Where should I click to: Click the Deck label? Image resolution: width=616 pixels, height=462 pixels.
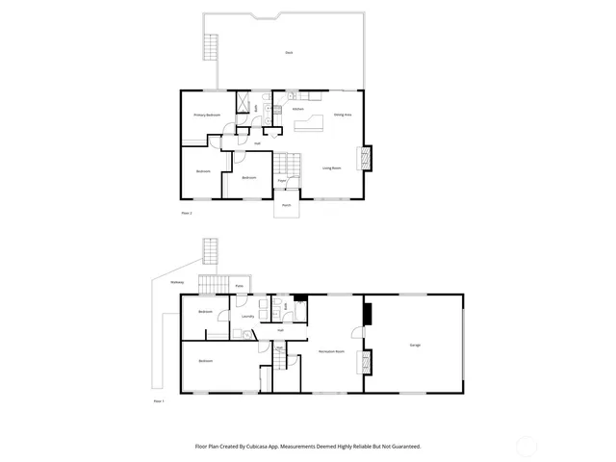tap(289, 52)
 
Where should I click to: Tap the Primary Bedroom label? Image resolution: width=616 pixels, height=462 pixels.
tap(207, 115)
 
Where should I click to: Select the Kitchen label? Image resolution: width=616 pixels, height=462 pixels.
tap(298, 109)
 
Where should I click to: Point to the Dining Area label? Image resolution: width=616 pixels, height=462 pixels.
tap(342, 115)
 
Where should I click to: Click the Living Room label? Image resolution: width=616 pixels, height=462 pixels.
tap(332, 168)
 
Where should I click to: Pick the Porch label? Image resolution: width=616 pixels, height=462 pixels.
tap(287, 205)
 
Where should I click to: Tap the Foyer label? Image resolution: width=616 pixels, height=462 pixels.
tap(282, 180)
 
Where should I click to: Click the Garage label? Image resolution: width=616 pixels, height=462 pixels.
tap(415, 344)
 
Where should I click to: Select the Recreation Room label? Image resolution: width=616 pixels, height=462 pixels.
tap(332, 352)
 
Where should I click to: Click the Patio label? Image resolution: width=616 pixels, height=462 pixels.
tap(239, 287)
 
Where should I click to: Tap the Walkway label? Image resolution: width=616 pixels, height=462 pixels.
tap(177, 282)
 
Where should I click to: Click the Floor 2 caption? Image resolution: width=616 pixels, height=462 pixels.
tap(187, 211)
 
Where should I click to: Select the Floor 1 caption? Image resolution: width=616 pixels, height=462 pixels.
tap(160, 400)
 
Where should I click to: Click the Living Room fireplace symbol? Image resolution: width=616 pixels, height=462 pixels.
tap(364, 157)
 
